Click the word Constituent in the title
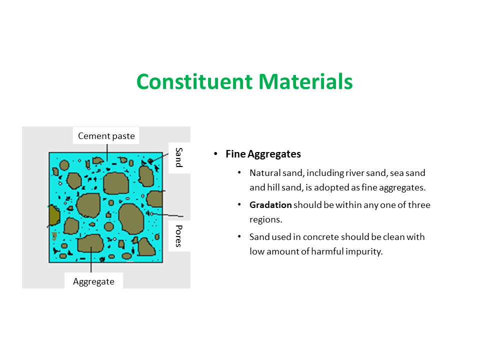190,81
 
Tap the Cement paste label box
106,135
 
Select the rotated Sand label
179,157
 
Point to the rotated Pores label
179,236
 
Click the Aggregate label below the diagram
93,281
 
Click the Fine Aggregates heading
263,154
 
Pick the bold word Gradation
270,205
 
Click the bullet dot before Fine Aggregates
215,154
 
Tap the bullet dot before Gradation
239,205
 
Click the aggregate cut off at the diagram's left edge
53,215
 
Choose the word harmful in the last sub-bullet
328,251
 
